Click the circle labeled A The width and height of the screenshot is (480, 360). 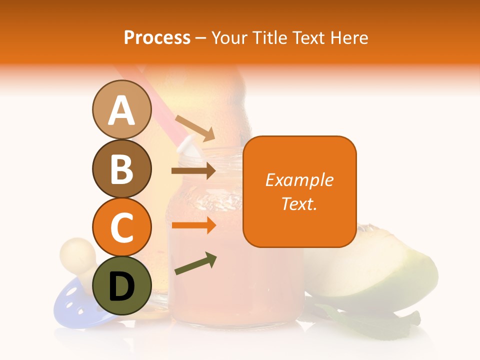(x=121, y=110)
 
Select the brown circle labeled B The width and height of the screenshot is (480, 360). (x=121, y=168)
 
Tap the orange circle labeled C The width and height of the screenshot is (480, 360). (x=121, y=227)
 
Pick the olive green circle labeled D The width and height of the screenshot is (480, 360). (x=121, y=285)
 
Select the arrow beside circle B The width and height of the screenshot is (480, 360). (x=193, y=171)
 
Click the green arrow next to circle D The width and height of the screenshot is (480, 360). (x=195, y=264)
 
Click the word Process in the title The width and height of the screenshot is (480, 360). (x=157, y=38)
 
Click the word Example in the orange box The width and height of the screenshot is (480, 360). (x=299, y=180)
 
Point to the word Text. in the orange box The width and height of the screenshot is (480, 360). (x=299, y=203)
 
